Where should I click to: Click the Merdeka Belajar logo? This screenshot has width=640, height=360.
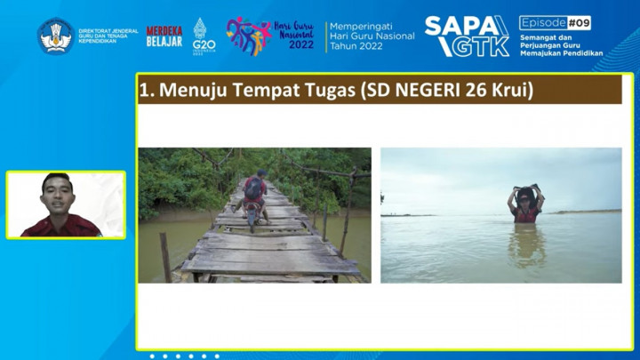(164, 36)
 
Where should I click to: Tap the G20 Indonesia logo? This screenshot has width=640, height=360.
(204, 36)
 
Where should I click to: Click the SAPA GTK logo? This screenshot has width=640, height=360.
(467, 36)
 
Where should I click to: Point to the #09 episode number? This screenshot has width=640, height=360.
(578, 22)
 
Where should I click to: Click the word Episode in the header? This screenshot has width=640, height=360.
(541, 22)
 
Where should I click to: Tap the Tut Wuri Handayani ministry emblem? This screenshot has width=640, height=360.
(55, 36)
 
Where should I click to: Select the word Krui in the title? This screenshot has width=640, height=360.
(513, 90)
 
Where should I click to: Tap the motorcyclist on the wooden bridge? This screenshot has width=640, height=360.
(255, 198)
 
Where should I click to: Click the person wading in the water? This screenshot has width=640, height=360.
(525, 209)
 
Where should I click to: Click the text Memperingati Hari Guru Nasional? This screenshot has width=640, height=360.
(372, 36)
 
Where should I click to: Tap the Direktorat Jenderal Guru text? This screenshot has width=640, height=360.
(108, 36)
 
